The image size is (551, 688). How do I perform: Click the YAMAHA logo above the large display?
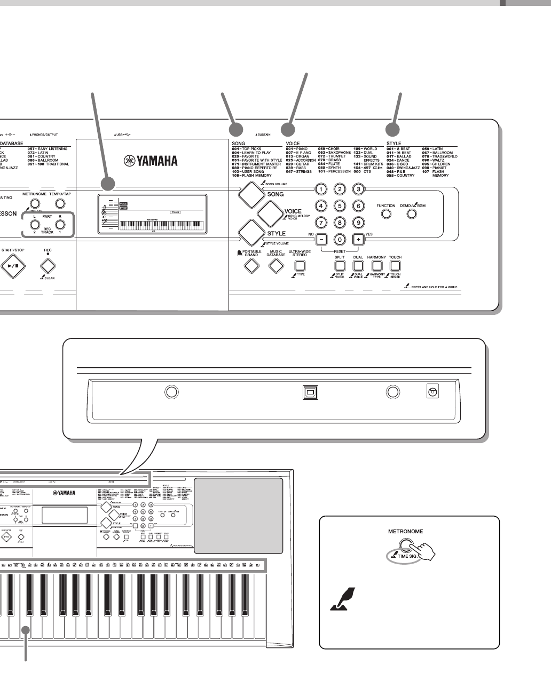pyautogui.click(x=151, y=161)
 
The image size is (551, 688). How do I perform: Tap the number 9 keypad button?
pyautogui.click(x=359, y=223)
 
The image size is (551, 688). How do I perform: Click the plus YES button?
pyautogui.click(x=358, y=239)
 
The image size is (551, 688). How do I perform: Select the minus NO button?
pyautogui.click(x=321, y=239)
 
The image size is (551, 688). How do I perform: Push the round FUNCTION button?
pyautogui.click(x=385, y=214)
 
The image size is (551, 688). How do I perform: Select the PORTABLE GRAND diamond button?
pyautogui.click(x=251, y=265)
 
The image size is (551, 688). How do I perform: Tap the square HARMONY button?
pyautogui.click(x=376, y=265)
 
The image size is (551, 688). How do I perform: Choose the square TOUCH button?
pyautogui.click(x=395, y=265)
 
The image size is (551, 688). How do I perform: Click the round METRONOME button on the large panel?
pyautogui.click(x=35, y=203)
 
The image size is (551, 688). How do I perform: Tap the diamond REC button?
pyautogui.click(x=48, y=265)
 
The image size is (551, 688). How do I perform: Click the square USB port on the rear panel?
pyautogui.click(x=309, y=392)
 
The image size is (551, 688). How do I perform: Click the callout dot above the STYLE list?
pyautogui.click(x=392, y=130)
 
